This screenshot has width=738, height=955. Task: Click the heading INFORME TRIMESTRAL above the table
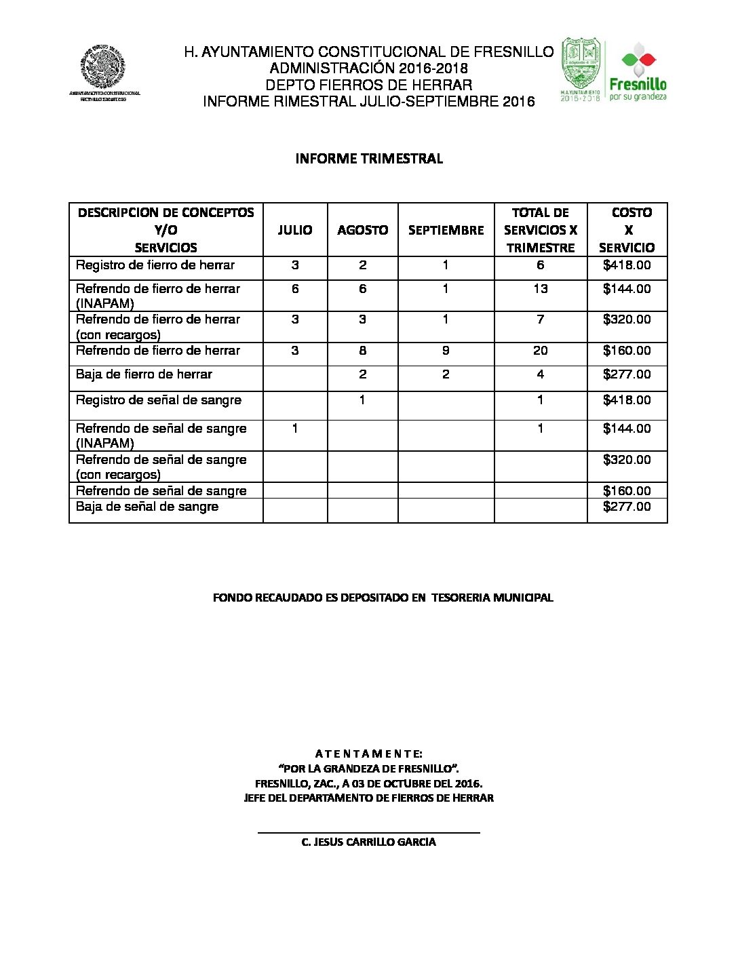tap(369, 159)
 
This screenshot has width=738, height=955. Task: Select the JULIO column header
tap(295, 230)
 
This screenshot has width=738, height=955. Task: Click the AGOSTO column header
tap(363, 230)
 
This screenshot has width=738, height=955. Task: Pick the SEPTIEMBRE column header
tap(446, 230)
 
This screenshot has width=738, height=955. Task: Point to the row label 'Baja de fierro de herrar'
tap(144, 374)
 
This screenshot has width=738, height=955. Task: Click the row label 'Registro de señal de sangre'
tap(159, 400)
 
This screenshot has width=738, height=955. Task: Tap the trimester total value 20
tap(540, 351)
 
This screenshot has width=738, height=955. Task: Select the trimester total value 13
tap(540, 289)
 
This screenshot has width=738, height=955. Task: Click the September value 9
tap(446, 351)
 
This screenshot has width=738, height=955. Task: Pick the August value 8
tap(363, 351)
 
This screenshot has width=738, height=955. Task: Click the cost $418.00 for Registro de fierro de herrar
tap(627, 265)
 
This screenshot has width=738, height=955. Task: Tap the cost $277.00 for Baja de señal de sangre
tap(627, 507)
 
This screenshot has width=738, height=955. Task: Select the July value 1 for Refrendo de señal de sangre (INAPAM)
tap(295, 429)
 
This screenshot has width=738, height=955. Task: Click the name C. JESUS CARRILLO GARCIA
tap(369, 842)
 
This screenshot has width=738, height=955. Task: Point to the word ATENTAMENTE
tap(369, 754)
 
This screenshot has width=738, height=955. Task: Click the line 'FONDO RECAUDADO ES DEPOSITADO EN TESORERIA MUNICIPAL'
tap(383, 598)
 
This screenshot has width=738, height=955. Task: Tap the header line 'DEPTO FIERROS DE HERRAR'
tap(369, 85)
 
